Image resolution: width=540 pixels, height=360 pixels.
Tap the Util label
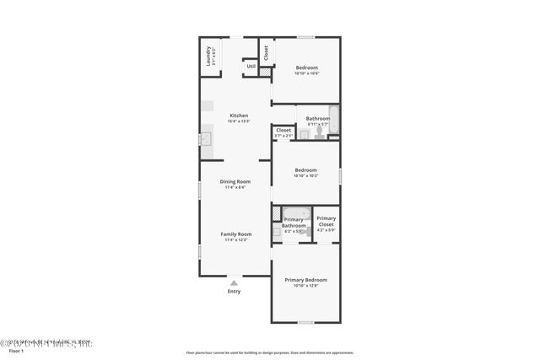pos(251,66)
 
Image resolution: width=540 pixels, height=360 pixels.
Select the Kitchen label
pos(239,116)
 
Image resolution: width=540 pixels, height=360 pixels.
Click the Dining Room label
pos(235,181)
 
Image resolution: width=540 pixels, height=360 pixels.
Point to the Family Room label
pos(235,234)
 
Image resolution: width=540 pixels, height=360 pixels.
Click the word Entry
pos(234,292)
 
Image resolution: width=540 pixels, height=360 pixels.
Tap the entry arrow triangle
pos(234,283)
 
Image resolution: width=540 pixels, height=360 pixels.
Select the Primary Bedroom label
pos(305,280)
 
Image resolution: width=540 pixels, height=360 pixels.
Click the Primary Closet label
pos(326,222)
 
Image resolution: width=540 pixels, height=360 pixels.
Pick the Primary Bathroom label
pos(294,223)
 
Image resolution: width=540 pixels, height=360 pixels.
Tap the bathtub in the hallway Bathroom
pos(333,119)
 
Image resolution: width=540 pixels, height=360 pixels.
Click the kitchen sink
pos(204,140)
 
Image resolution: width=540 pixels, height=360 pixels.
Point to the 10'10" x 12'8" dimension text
pos(305,286)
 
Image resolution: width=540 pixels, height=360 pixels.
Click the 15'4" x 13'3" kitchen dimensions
pos(239,121)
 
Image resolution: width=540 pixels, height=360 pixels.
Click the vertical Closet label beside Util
pos(266,52)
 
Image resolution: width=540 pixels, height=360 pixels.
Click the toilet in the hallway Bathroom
pos(317,132)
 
